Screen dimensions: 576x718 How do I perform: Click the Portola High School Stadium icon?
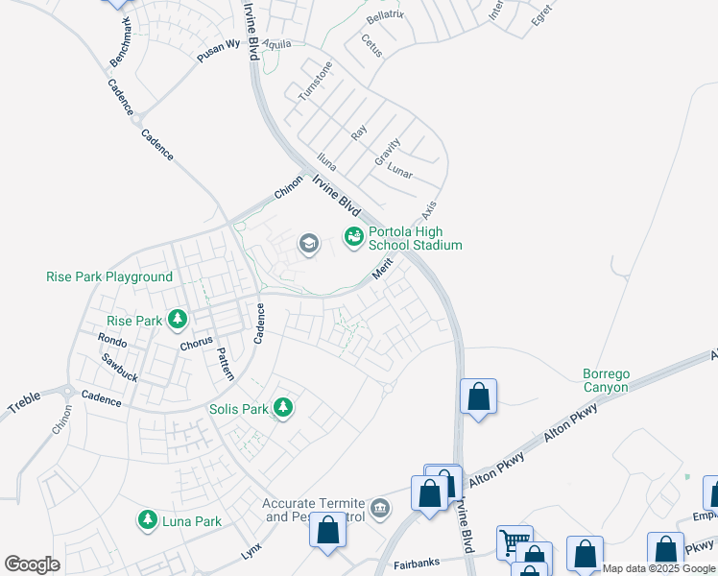click(353, 235)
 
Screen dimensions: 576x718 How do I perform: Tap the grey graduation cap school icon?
click(308, 243)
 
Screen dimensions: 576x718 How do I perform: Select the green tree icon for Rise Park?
click(177, 319)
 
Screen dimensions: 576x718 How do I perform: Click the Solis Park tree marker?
click(282, 408)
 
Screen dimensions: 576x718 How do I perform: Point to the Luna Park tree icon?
click(147, 520)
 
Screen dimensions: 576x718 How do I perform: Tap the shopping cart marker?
click(515, 542)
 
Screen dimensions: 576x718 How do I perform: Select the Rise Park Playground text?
click(109, 276)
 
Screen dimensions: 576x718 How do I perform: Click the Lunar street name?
click(399, 172)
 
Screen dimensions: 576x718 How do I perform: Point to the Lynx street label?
click(251, 551)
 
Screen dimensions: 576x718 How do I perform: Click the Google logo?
click(31, 564)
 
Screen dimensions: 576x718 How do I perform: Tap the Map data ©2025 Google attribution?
click(658, 568)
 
